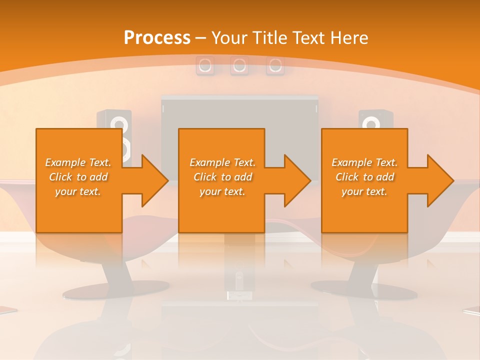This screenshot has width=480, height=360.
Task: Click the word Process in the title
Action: tap(157, 37)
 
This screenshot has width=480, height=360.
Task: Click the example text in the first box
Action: tap(78, 177)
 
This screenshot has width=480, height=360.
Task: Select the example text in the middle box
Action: tap(222, 177)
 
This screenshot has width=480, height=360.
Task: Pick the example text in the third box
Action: tap(364, 177)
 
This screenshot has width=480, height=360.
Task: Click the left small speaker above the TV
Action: tap(204, 65)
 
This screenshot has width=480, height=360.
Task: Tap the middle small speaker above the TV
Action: tap(239, 65)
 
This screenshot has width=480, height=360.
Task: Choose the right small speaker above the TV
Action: tap(275, 65)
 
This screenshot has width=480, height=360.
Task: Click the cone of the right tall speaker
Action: tap(370, 123)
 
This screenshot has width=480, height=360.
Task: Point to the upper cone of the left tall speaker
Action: tap(118, 123)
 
